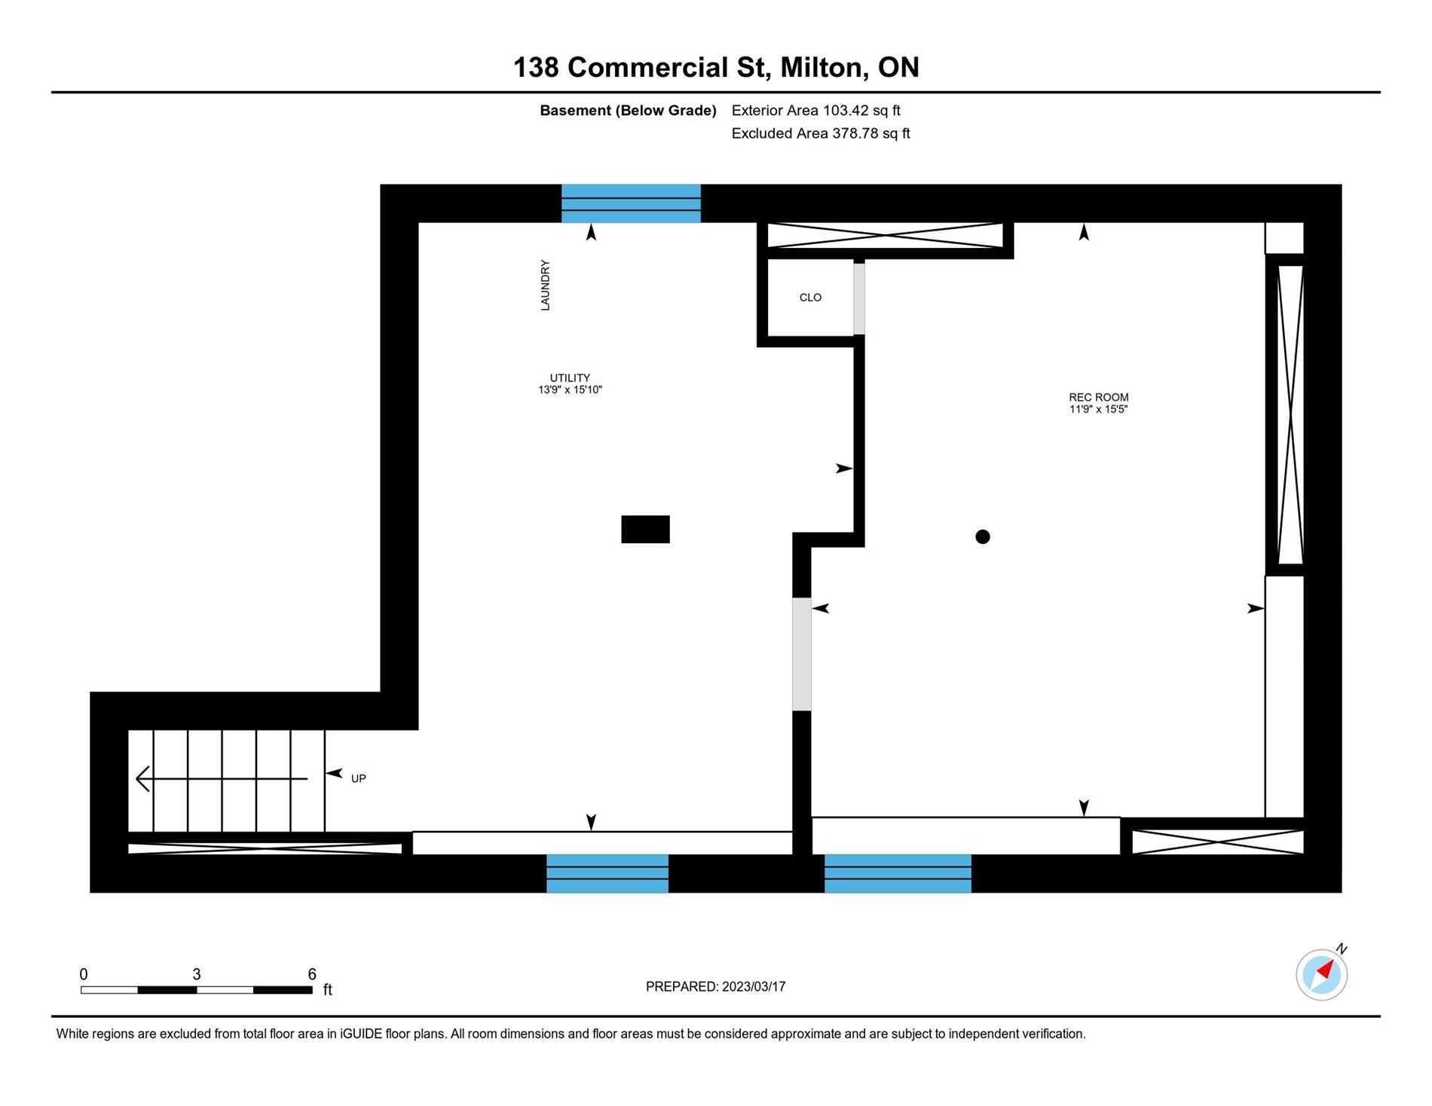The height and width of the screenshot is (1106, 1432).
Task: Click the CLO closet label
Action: click(x=810, y=298)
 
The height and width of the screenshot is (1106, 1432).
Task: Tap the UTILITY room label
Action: click(x=570, y=378)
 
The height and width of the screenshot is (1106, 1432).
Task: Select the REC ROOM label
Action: click(x=1099, y=398)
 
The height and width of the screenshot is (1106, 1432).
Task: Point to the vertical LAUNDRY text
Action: click(x=545, y=286)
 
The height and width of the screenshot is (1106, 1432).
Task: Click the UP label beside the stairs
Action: click(x=359, y=778)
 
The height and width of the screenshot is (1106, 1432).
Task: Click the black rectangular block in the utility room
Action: click(x=645, y=530)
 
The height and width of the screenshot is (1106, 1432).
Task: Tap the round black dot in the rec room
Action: click(x=983, y=537)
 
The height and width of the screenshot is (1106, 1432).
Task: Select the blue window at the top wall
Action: click(x=631, y=203)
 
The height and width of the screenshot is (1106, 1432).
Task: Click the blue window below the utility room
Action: click(x=607, y=874)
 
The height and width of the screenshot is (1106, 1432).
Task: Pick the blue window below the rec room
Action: click(x=898, y=874)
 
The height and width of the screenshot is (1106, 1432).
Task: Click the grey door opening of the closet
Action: click(x=859, y=298)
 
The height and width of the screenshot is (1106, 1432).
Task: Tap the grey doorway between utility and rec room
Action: click(x=802, y=654)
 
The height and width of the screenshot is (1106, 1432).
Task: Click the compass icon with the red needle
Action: click(x=1322, y=975)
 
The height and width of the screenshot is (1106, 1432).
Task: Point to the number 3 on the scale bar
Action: click(x=197, y=974)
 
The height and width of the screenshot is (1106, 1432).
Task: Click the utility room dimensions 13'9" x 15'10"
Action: click(x=571, y=390)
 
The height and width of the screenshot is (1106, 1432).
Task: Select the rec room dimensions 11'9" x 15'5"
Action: click(x=1099, y=410)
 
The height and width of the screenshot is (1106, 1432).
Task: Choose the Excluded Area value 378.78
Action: click(x=855, y=133)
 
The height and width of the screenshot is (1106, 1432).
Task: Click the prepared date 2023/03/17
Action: click(x=754, y=987)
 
